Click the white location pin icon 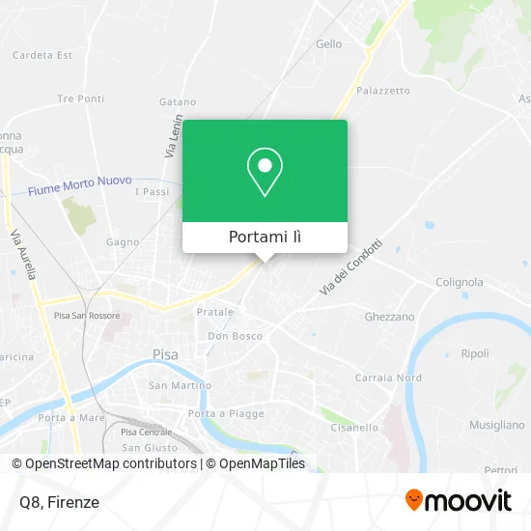click(265, 172)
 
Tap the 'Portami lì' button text click(265, 237)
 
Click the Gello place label click(329, 43)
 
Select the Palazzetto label click(383, 91)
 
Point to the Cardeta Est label click(42, 55)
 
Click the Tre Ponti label click(80, 98)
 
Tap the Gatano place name click(178, 101)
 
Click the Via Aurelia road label click(23, 255)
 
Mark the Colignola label click(459, 282)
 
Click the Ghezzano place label click(389, 316)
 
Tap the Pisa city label click(165, 354)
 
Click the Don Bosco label click(236, 336)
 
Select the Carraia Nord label click(389, 377)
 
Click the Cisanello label click(354, 427)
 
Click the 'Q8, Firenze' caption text click(58, 502)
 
